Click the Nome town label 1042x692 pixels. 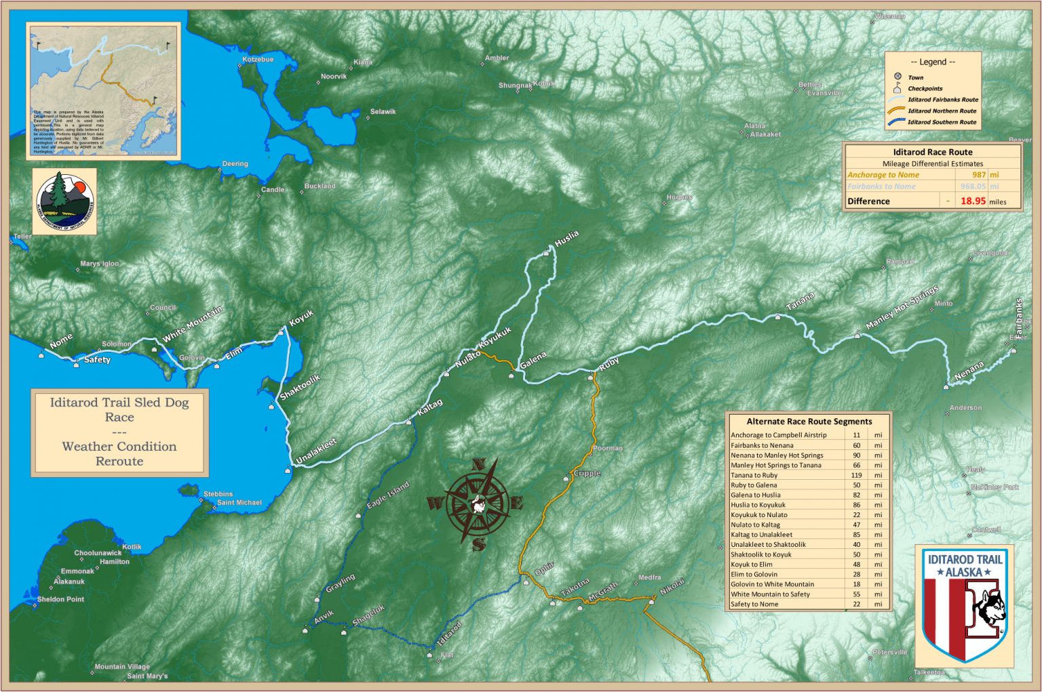click(x=61, y=341)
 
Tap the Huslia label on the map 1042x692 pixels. click(x=566, y=238)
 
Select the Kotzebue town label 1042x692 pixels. click(x=258, y=60)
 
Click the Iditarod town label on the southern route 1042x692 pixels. click(x=449, y=633)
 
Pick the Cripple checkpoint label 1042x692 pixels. click(x=587, y=473)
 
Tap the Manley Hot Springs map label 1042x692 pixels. click(x=902, y=308)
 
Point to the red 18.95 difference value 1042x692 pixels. click(x=973, y=201)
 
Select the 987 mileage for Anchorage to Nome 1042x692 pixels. click(x=979, y=175)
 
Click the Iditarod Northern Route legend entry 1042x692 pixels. click(x=942, y=111)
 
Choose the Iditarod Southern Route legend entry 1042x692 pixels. click(x=942, y=123)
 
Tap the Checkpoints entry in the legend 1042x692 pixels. click(x=925, y=89)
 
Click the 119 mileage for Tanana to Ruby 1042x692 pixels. click(x=856, y=475)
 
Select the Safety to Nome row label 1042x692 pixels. click(x=754, y=604)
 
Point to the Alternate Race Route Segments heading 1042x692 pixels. click(x=809, y=422)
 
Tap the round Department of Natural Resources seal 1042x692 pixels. click(x=64, y=201)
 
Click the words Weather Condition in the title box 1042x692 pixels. click(x=119, y=447)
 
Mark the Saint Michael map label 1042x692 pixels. click(x=239, y=503)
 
